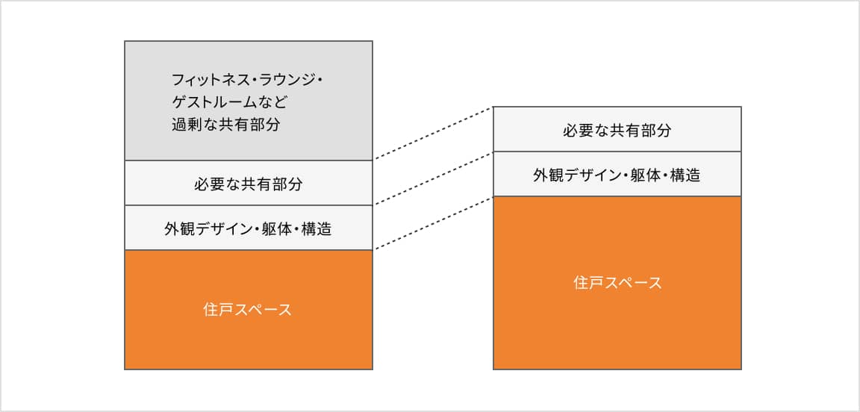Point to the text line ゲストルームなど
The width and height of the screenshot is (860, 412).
click(230, 102)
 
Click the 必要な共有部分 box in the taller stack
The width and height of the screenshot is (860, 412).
click(248, 183)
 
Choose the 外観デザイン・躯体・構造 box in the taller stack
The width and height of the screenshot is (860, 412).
click(248, 228)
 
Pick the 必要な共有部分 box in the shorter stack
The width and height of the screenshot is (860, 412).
click(617, 130)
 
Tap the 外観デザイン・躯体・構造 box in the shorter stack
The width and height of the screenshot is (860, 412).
click(617, 175)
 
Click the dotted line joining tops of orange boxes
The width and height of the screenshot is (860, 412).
click(433, 223)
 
